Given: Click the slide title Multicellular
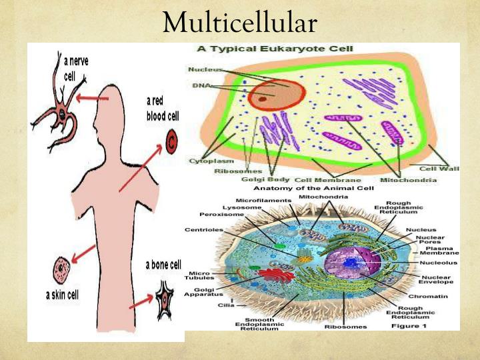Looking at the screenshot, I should pyautogui.click(x=239, y=23).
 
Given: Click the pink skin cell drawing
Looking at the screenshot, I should pyautogui.click(x=62, y=270).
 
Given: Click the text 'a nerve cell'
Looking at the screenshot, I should pyautogui.click(x=75, y=68).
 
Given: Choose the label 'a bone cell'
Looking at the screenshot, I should pyautogui.click(x=163, y=266).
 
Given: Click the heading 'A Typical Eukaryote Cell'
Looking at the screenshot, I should pyautogui.click(x=275, y=49).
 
